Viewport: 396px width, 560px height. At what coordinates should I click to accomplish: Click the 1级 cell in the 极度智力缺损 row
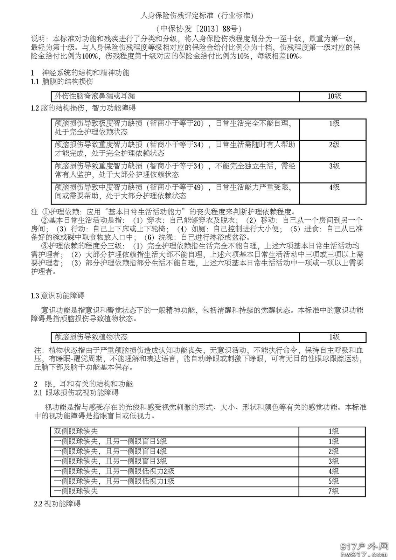[x=334, y=124]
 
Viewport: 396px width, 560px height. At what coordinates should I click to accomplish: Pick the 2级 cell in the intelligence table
[x=334, y=145]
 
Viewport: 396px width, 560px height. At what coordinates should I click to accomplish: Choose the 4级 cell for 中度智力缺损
[x=334, y=188]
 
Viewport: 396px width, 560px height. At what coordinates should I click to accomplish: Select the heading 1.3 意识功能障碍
[x=57, y=296]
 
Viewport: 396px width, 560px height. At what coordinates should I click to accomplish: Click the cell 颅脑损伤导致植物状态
[x=91, y=337]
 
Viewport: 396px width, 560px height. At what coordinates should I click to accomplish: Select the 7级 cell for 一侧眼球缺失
[x=333, y=491]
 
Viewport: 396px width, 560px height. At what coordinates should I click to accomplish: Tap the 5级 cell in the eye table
[x=333, y=481]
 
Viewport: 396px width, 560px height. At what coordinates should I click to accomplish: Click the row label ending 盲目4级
[x=111, y=451]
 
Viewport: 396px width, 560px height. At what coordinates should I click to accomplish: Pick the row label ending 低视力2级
[x=114, y=471]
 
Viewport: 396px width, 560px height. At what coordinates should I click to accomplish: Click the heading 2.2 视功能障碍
[x=57, y=504]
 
